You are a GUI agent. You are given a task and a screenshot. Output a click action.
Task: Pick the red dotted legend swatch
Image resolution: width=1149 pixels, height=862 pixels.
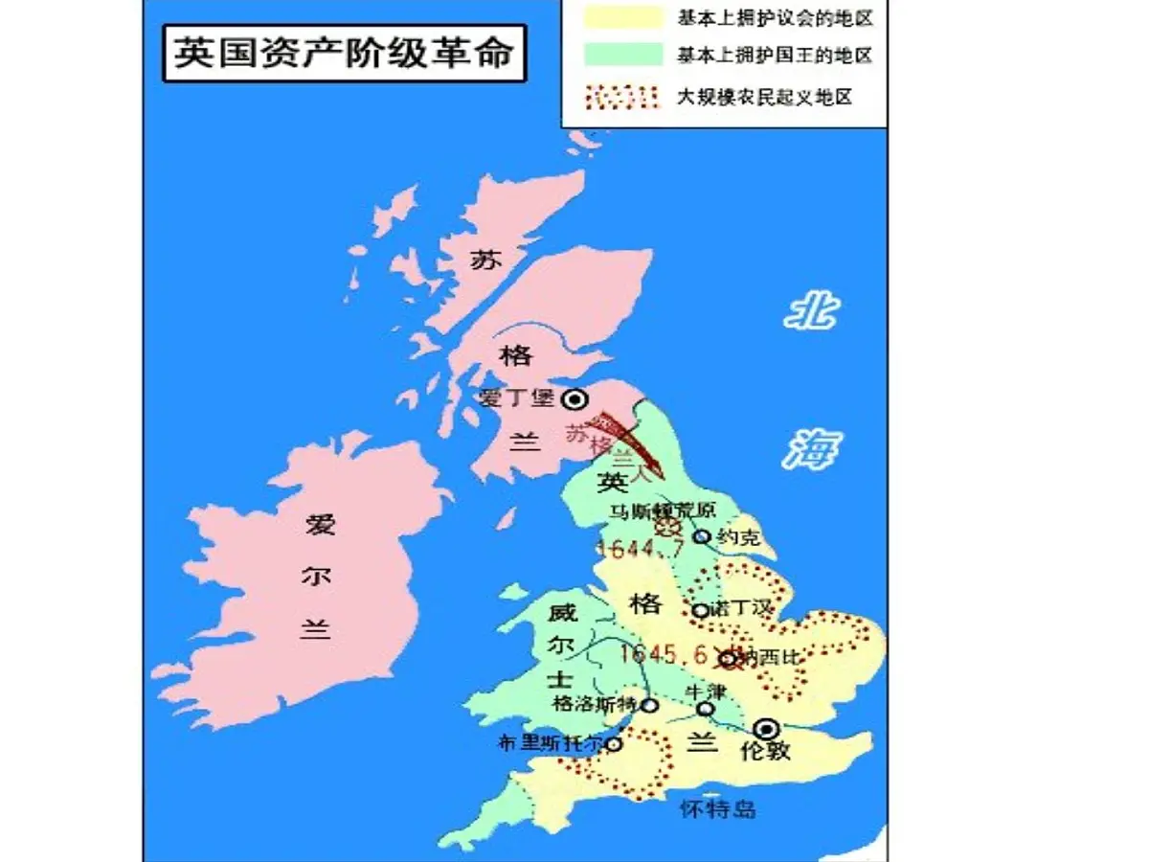[621, 96]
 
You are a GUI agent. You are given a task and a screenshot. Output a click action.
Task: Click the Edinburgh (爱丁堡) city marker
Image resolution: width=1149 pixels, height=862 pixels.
[574, 398]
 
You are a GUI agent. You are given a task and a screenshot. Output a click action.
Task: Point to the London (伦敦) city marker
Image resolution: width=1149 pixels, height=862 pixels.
[766, 729]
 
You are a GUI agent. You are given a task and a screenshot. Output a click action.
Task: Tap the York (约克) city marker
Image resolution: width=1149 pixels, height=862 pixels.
[702, 536]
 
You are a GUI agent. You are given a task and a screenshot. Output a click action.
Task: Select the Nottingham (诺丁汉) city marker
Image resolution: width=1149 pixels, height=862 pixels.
[701, 610]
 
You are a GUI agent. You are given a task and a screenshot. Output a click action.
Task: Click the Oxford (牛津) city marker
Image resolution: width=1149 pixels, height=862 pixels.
[705, 709]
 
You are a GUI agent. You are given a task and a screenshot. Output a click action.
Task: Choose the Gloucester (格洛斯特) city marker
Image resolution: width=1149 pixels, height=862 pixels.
[649, 705]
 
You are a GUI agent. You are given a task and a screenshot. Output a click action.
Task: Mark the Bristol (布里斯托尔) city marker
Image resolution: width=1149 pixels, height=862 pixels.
[614, 743]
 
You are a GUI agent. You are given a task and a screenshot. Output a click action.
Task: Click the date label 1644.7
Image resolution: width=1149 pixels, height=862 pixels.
[639, 550]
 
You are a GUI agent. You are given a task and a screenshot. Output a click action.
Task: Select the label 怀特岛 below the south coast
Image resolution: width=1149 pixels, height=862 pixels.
[717, 809]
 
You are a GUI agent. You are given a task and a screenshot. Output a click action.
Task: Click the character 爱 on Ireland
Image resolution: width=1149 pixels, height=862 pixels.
[319, 526]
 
